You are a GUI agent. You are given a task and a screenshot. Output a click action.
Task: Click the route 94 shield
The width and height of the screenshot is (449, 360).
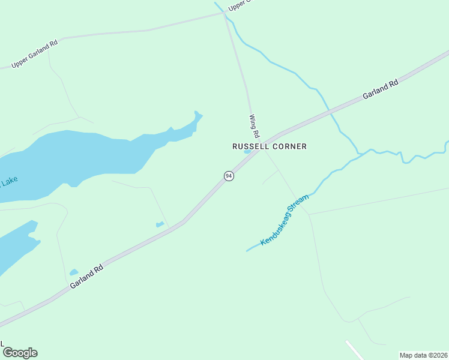coord(229,176)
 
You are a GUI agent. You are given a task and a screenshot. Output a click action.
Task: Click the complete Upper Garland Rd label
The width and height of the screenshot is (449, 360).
coord(34,53)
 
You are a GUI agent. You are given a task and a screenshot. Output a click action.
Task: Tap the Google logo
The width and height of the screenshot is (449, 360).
coord(20,353)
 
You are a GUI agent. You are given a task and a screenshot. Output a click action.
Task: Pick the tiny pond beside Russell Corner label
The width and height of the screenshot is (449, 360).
coord(247,152)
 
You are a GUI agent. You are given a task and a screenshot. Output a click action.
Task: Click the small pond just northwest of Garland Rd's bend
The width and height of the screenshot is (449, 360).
coord(160,224)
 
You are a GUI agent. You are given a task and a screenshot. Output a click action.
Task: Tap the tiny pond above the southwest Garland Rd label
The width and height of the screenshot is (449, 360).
coord(74,272)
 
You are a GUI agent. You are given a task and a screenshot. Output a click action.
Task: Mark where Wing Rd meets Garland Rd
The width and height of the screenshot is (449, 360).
coord(259,149)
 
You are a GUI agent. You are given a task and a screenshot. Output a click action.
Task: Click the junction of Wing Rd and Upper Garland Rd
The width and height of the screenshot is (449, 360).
coord(225,13)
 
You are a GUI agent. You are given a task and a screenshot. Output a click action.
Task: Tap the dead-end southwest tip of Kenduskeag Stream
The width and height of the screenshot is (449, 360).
coord(247,251)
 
